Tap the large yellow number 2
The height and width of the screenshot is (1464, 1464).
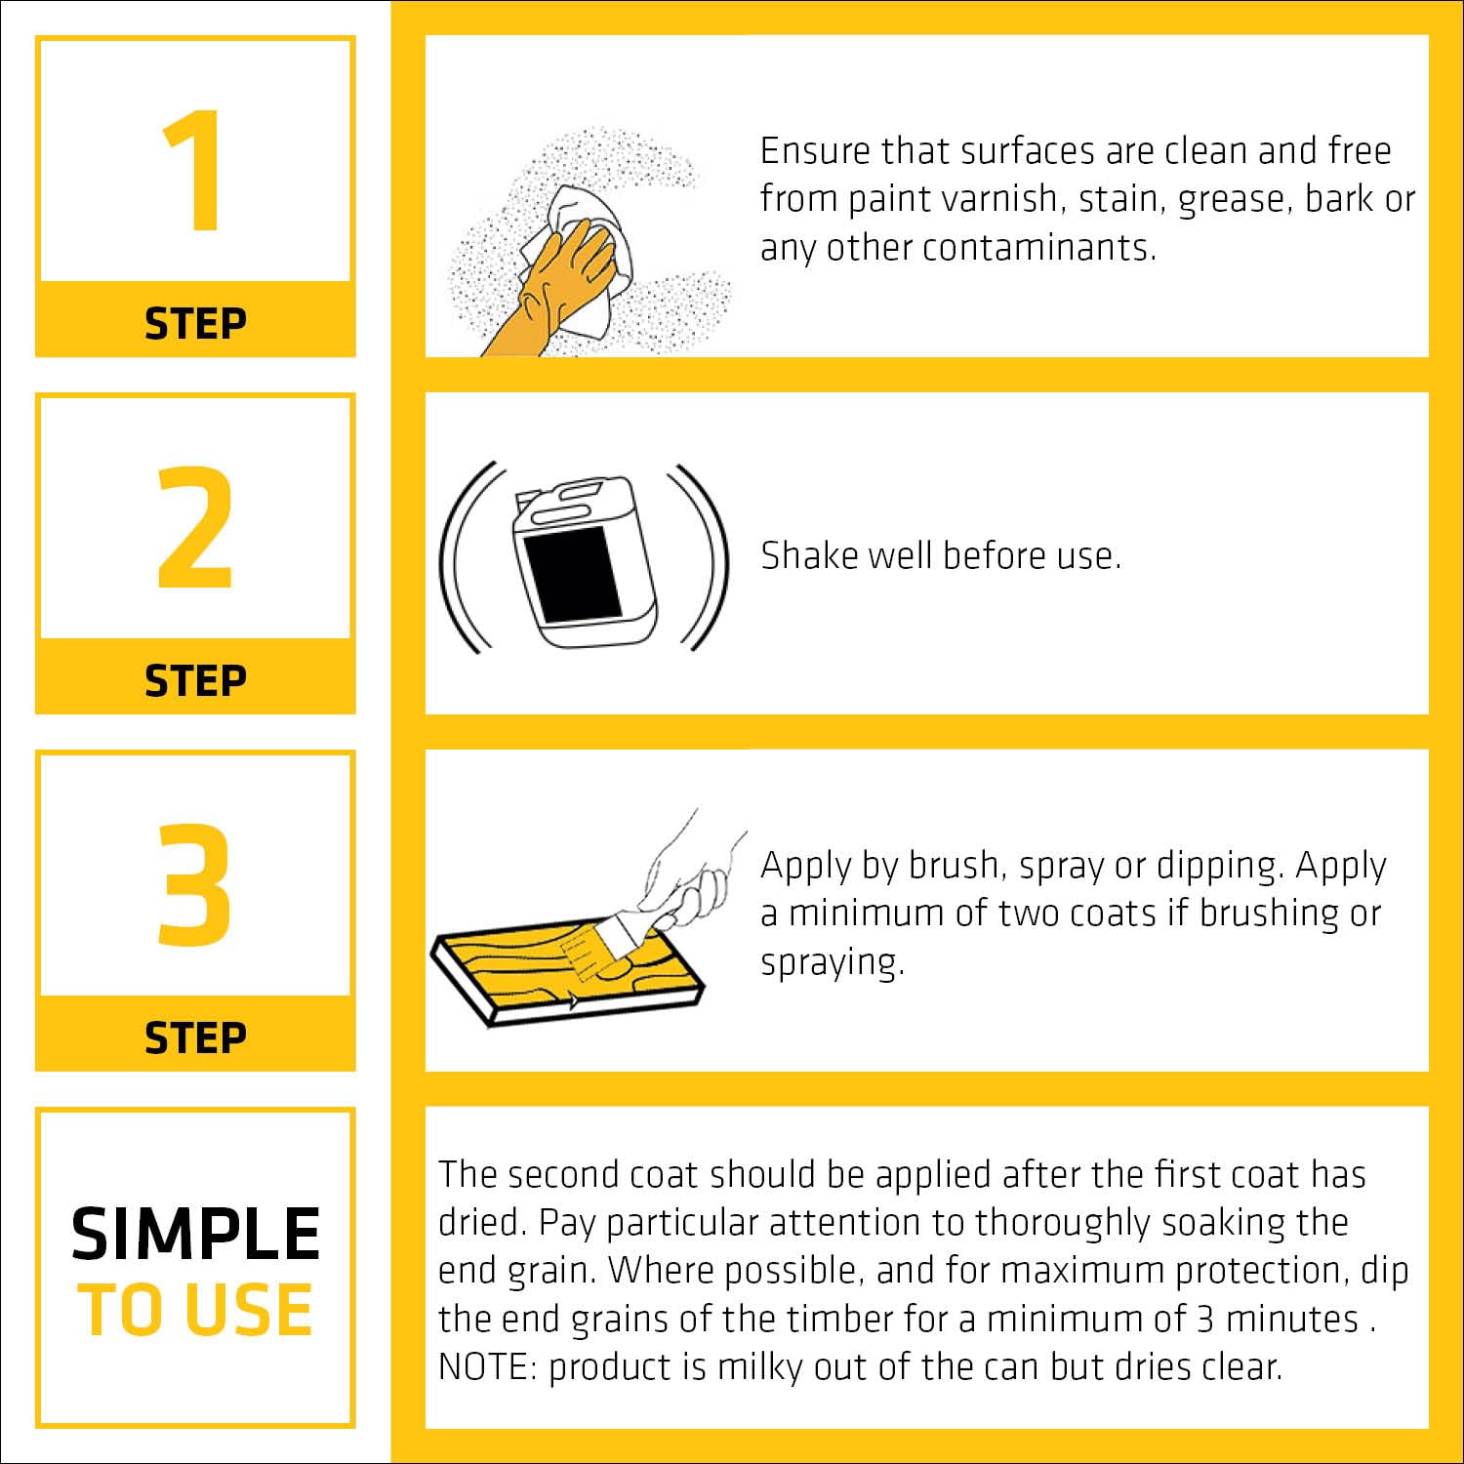coord(195,527)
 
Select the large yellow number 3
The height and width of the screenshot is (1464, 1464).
coord(195,884)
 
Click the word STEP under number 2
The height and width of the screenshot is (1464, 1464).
coord(195,680)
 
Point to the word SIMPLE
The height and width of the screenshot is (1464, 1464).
coord(195,1234)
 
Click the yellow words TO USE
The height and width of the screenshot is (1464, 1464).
coord(195,1310)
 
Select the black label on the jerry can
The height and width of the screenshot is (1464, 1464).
coord(571,573)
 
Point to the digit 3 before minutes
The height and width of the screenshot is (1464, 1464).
coord(1205,1319)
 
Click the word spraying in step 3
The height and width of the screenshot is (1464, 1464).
coord(833,963)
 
